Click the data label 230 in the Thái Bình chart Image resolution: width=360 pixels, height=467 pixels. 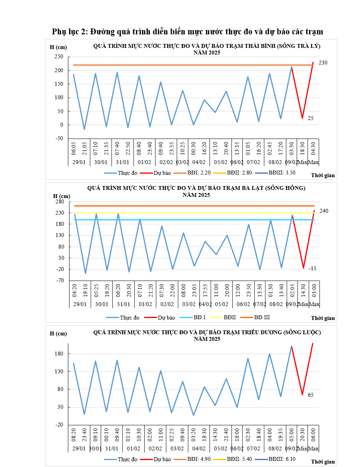[x=323, y=63]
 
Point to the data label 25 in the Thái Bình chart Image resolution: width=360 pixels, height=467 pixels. [x=311, y=118]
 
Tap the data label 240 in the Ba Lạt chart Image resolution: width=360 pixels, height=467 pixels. [x=324, y=211]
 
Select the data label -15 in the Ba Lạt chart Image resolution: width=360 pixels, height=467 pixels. [x=312, y=268]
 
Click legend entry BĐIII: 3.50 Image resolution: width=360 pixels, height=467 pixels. [x=282, y=173]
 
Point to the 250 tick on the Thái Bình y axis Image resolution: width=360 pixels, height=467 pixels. [x=59, y=57]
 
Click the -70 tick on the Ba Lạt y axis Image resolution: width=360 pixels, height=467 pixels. [x=59, y=281]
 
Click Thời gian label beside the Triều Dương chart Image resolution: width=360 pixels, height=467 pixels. [x=323, y=462]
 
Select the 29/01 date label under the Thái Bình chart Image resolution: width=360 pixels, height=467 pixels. [x=79, y=162]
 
